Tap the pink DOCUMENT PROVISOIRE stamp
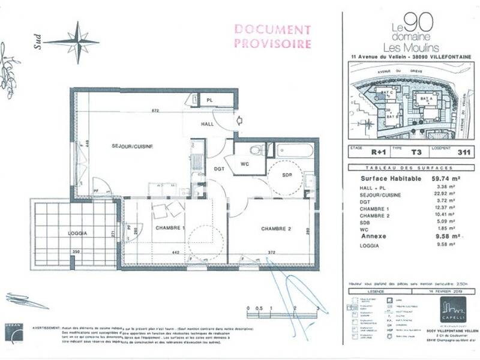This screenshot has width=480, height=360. [x=272, y=36]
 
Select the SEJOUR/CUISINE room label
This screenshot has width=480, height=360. [x=131, y=146]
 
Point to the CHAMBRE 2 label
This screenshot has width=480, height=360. [x=276, y=229]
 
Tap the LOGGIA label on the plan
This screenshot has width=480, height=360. [x=78, y=233]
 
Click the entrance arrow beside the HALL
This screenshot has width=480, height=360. [x=239, y=120]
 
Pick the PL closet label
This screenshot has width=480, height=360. [x=209, y=100]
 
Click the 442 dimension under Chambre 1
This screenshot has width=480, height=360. [x=176, y=253]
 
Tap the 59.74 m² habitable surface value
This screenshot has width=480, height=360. [x=446, y=178]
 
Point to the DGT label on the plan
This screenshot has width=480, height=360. [x=219, y=169]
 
